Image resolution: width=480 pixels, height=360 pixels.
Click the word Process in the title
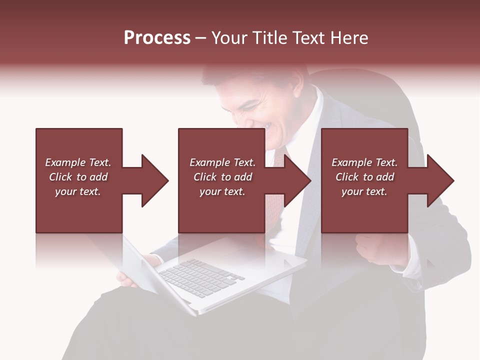[157, 38]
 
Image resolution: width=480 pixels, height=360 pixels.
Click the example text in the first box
[78, 177]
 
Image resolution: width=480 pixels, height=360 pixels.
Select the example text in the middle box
[222, 177]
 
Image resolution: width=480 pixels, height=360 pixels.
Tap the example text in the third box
[364, 177]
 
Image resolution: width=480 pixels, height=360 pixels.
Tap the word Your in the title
[230, 38]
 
